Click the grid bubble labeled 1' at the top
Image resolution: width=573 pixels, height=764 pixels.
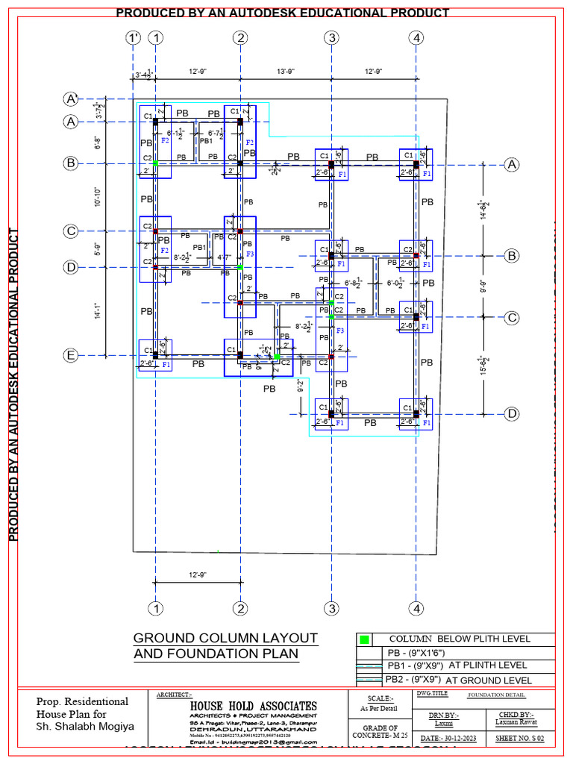(x=134, y=37)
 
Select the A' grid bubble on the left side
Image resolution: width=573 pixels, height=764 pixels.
(x=72, y=99)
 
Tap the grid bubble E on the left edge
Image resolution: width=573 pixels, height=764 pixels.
(x=72, y=356)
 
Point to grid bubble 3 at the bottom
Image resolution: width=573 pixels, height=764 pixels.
(x=331, y=608)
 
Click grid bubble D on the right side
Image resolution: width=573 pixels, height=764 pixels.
(x=512, y=414)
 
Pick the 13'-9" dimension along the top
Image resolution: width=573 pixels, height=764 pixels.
(x=285, y=72)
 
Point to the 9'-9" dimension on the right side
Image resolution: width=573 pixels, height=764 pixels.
(x=483, y=286)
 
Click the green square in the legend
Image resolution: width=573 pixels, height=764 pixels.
(x=365, y=639)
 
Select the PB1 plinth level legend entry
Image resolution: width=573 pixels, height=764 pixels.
(x=456, y=665)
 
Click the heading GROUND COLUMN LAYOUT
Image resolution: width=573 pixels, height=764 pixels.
(x=225, y=639)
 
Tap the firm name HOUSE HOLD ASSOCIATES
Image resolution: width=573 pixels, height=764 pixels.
(x=253, y=706)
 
